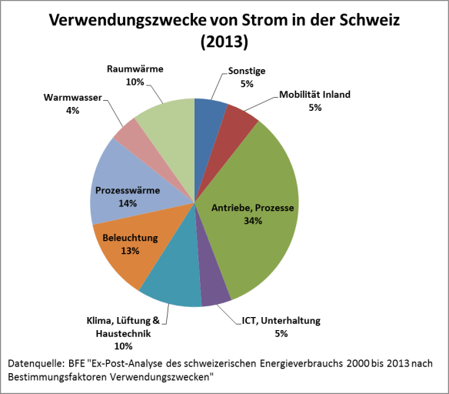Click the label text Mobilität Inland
tap(314, 95)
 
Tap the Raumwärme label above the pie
tap(135, 69)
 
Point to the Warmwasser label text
tap(65, 98)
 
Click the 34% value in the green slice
tap(252, 221)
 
